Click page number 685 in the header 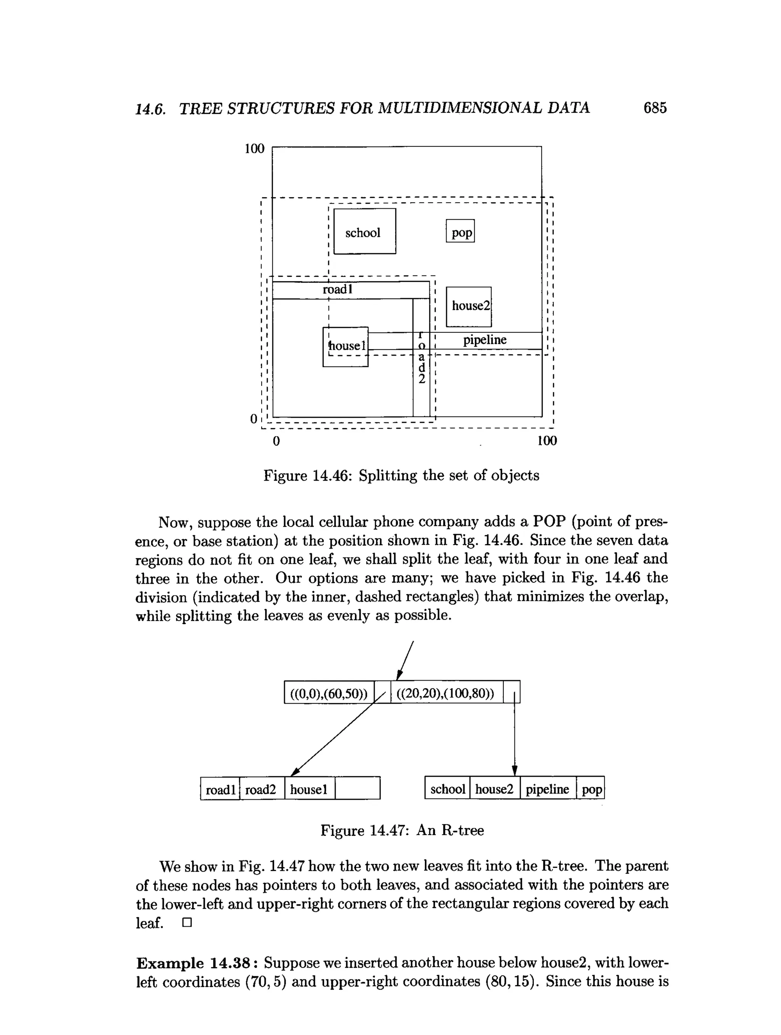(655, 108)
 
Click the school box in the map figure (364, 232)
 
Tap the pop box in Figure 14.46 (460, 231)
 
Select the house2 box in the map (469, 306)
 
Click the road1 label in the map (337, 290)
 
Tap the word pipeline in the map (484, 340)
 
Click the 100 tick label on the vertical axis (254, 149)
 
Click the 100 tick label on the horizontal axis (547, 441)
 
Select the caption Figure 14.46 (401, 475)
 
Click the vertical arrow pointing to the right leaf (514, 739)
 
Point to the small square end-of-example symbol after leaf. (187, 923)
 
